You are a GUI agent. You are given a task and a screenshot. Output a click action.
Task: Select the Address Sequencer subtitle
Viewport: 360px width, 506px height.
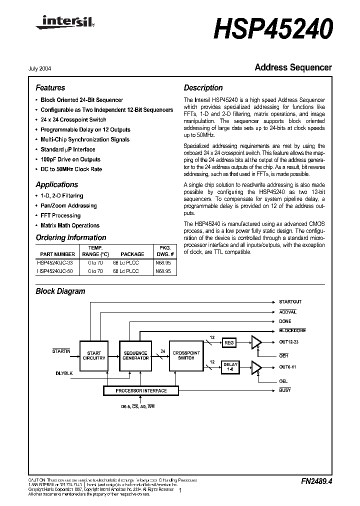pyautogui.click(x=293, y=67)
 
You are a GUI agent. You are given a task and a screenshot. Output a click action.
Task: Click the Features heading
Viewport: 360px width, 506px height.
pyautogui.click(x=50, y=87)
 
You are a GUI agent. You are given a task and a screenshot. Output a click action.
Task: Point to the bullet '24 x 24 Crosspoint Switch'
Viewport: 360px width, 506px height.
pyautogui.click(x=73, y=120)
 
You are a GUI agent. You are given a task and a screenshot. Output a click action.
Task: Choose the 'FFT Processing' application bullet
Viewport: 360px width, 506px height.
pyautogui.click(x=60, y=215)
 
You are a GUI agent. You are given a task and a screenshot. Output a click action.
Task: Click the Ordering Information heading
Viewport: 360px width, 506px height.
pyautogui.click(x=71, y=237)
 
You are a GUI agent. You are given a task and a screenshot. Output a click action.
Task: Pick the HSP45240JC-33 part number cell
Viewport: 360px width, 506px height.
pyautogui.click(x=55, y=262)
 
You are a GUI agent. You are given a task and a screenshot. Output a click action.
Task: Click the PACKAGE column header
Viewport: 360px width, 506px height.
pyautogui.click(x=132, y=254)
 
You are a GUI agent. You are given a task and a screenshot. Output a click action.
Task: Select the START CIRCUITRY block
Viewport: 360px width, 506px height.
pyautogui.click(x=93, y=355)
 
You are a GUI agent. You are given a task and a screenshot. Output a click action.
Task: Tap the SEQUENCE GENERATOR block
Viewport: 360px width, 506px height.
pyautogui.click(x=135, y=355)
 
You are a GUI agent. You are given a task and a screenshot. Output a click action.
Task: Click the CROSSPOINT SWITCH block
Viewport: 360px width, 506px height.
pyautogui.click(x=186, y=355)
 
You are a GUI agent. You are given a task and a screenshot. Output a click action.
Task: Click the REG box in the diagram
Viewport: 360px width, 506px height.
pyautogui.click(x=229, y=343)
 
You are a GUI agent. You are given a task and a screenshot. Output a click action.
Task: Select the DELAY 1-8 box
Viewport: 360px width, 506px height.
pyautogui.click(x=230, y=366)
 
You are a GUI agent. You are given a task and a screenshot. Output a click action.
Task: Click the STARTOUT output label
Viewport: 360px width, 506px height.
pyautogui.click(x=290, y=302)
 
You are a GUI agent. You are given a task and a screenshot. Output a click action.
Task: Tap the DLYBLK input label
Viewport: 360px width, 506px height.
pyautogui.click(x=63, y=373)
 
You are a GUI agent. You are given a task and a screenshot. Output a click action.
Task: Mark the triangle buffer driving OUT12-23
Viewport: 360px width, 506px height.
pyautogui.click(x=256, y=342)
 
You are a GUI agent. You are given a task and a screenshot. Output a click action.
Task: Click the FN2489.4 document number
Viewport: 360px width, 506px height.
pyautogui.click(x=316, y=481)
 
